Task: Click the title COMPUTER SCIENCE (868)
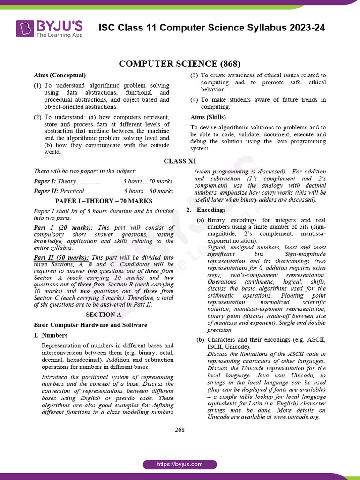click(180, 64)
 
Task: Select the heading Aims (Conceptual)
click(60, 75)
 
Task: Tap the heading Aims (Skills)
click(208, 117)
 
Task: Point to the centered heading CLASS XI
click(180, 161)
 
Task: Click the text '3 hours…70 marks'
click(148, 181)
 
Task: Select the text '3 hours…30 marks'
click(148, 191)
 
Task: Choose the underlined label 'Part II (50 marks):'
click(61, 257)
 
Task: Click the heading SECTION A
click(103, 315)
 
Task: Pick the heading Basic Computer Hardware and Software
click(90, 325)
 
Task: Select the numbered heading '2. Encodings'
click(206, 210)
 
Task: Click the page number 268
click(180, 429)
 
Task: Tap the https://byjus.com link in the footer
click(180, 464)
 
